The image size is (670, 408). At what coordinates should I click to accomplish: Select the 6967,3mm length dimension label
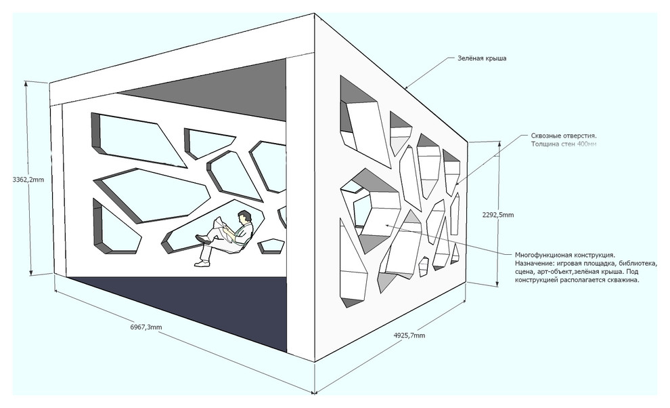pyautogui.click(x=146, y=327)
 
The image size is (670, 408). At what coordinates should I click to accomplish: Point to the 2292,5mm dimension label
pyautogui.click(x=497, y=215)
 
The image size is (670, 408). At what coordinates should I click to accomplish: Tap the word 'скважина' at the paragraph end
pyautogui.click(x=621, y=279)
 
